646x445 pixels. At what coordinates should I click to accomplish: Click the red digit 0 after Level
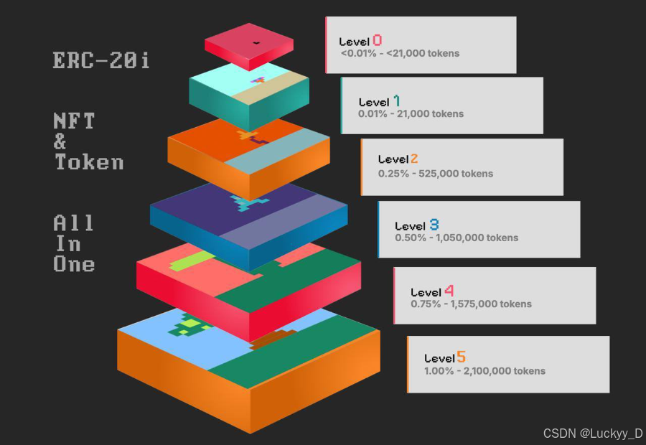(377, 40)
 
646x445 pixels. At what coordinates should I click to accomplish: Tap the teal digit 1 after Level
(396, 101)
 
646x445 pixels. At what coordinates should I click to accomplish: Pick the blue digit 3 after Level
(434, 225)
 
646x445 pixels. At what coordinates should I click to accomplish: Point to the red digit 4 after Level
(449, 291)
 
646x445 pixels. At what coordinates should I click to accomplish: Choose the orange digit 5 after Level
(461, 357)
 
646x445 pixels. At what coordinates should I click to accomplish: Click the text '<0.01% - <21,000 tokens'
(400, 53)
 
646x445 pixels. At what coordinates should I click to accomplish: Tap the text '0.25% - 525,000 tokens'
(436, 173)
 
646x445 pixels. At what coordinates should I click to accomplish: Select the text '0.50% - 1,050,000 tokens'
(457, 238)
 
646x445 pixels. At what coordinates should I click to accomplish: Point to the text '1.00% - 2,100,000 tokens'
(484, 371)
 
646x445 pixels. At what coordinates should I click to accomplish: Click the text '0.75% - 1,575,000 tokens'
(471, 304)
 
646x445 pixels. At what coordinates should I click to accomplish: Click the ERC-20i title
(101, 60)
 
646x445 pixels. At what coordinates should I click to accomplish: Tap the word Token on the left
(89, 162)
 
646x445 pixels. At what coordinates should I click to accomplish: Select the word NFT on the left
(74, 121)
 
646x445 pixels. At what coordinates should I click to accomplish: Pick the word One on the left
(74, 264)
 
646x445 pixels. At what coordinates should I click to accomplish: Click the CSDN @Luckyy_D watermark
(593, 433)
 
